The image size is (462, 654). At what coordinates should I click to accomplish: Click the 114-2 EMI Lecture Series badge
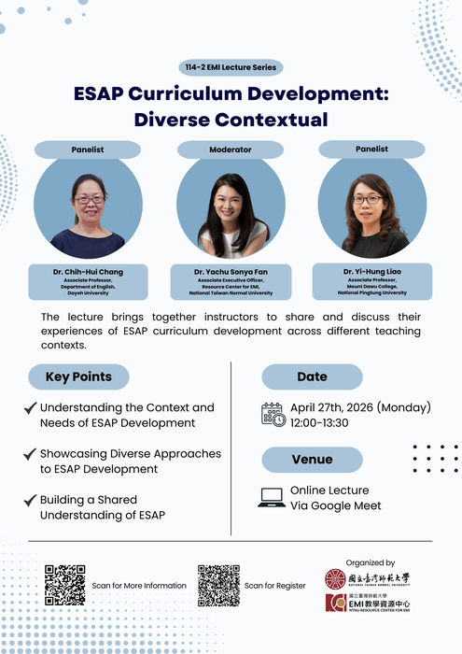[231, 67]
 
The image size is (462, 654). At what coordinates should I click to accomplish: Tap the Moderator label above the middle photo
[231, 149]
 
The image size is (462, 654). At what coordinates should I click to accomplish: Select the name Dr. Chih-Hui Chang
[88, 272]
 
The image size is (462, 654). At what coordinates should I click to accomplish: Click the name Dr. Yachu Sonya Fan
[231, 272]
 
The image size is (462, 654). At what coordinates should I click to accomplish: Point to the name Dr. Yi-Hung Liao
[372, 270]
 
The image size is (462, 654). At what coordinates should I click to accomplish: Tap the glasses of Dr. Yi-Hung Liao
[367, 199]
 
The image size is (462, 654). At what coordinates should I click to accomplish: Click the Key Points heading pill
[78, 377]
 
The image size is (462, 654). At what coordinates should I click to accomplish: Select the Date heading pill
[312, 377]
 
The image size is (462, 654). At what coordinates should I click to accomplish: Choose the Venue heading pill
[312, 459]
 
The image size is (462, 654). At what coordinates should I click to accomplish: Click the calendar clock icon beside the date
[273, 414]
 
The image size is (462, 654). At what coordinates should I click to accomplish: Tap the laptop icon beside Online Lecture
[272, 498]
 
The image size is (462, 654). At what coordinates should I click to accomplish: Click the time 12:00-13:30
[319, 422]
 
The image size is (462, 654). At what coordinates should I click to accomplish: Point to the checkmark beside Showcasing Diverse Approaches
[31, 454]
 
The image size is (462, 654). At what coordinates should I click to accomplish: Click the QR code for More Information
[64, 585]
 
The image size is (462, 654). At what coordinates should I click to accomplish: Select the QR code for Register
[218, 585]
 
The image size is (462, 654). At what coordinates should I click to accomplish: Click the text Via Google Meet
[335, 505]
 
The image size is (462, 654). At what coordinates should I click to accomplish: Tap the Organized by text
[370, 562]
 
